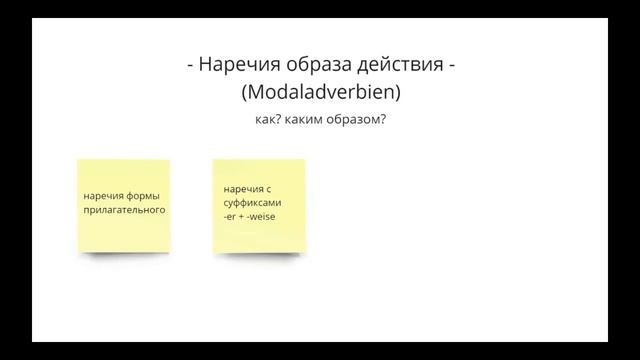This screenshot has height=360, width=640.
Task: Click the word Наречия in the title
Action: (238, 66)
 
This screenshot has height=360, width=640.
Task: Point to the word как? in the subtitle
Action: (269, 120)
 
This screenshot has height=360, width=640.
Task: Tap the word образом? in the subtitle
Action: (367, 120)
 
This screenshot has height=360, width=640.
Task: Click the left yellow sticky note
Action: (123, 205)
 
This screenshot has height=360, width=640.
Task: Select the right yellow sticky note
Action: (258, 205)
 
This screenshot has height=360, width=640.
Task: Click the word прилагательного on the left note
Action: (124, 211)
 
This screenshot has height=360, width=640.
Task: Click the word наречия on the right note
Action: (243, 188)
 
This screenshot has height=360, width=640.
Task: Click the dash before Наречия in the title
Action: (190, 66)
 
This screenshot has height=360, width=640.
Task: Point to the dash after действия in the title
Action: (453, 66)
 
